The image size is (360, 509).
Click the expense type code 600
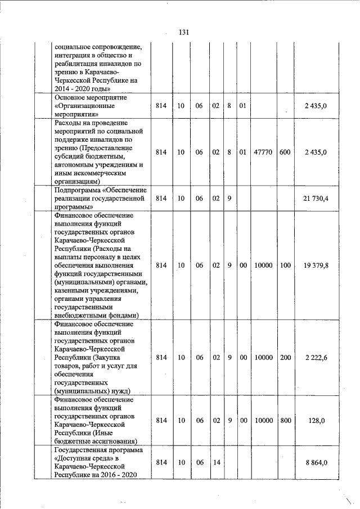[285, 152]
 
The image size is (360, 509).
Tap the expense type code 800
[285, 420]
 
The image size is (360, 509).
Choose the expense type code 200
[285, 357]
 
